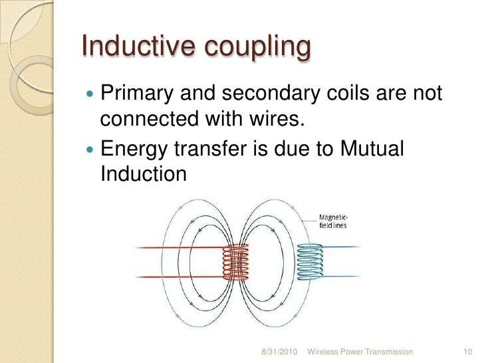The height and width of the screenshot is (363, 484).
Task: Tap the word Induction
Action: (x=141, y=174)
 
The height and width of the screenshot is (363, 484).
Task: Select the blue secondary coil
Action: (x=310, y=260)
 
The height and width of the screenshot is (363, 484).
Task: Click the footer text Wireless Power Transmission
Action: (x=360, y=351)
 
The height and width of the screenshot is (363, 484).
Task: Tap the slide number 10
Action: (x=465, y=351)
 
